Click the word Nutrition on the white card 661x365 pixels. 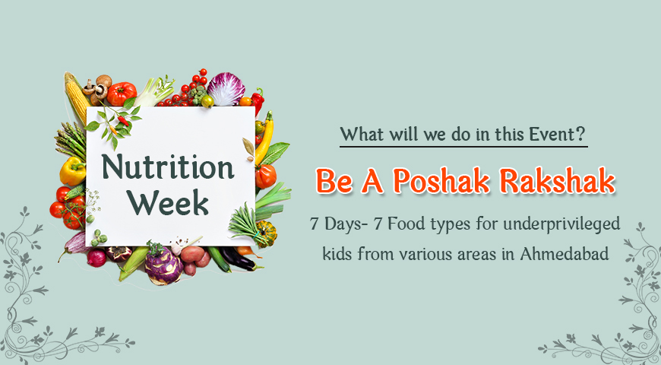(x=168, y=167)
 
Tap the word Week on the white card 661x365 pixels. (x=168, y=203)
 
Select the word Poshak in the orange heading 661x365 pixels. (x=441, y=182)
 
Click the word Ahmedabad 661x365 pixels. (x=565, y=254)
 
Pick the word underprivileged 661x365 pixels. (x=562, y=224)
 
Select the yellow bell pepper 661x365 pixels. (x=72, y=171)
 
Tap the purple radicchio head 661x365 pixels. (x=226, y=88)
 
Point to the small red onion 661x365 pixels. (x=97, y=258)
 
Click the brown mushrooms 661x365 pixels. (x=98, y=87)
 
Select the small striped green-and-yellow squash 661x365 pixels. (x=267, y=233)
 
